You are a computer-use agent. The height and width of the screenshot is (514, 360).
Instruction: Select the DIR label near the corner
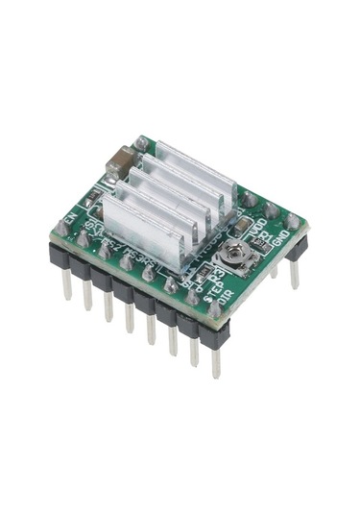[223, 306]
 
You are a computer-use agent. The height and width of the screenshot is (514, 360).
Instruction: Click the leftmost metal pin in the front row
[67, 286]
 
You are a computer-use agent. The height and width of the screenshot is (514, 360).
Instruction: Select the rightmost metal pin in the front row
[216, 360]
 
